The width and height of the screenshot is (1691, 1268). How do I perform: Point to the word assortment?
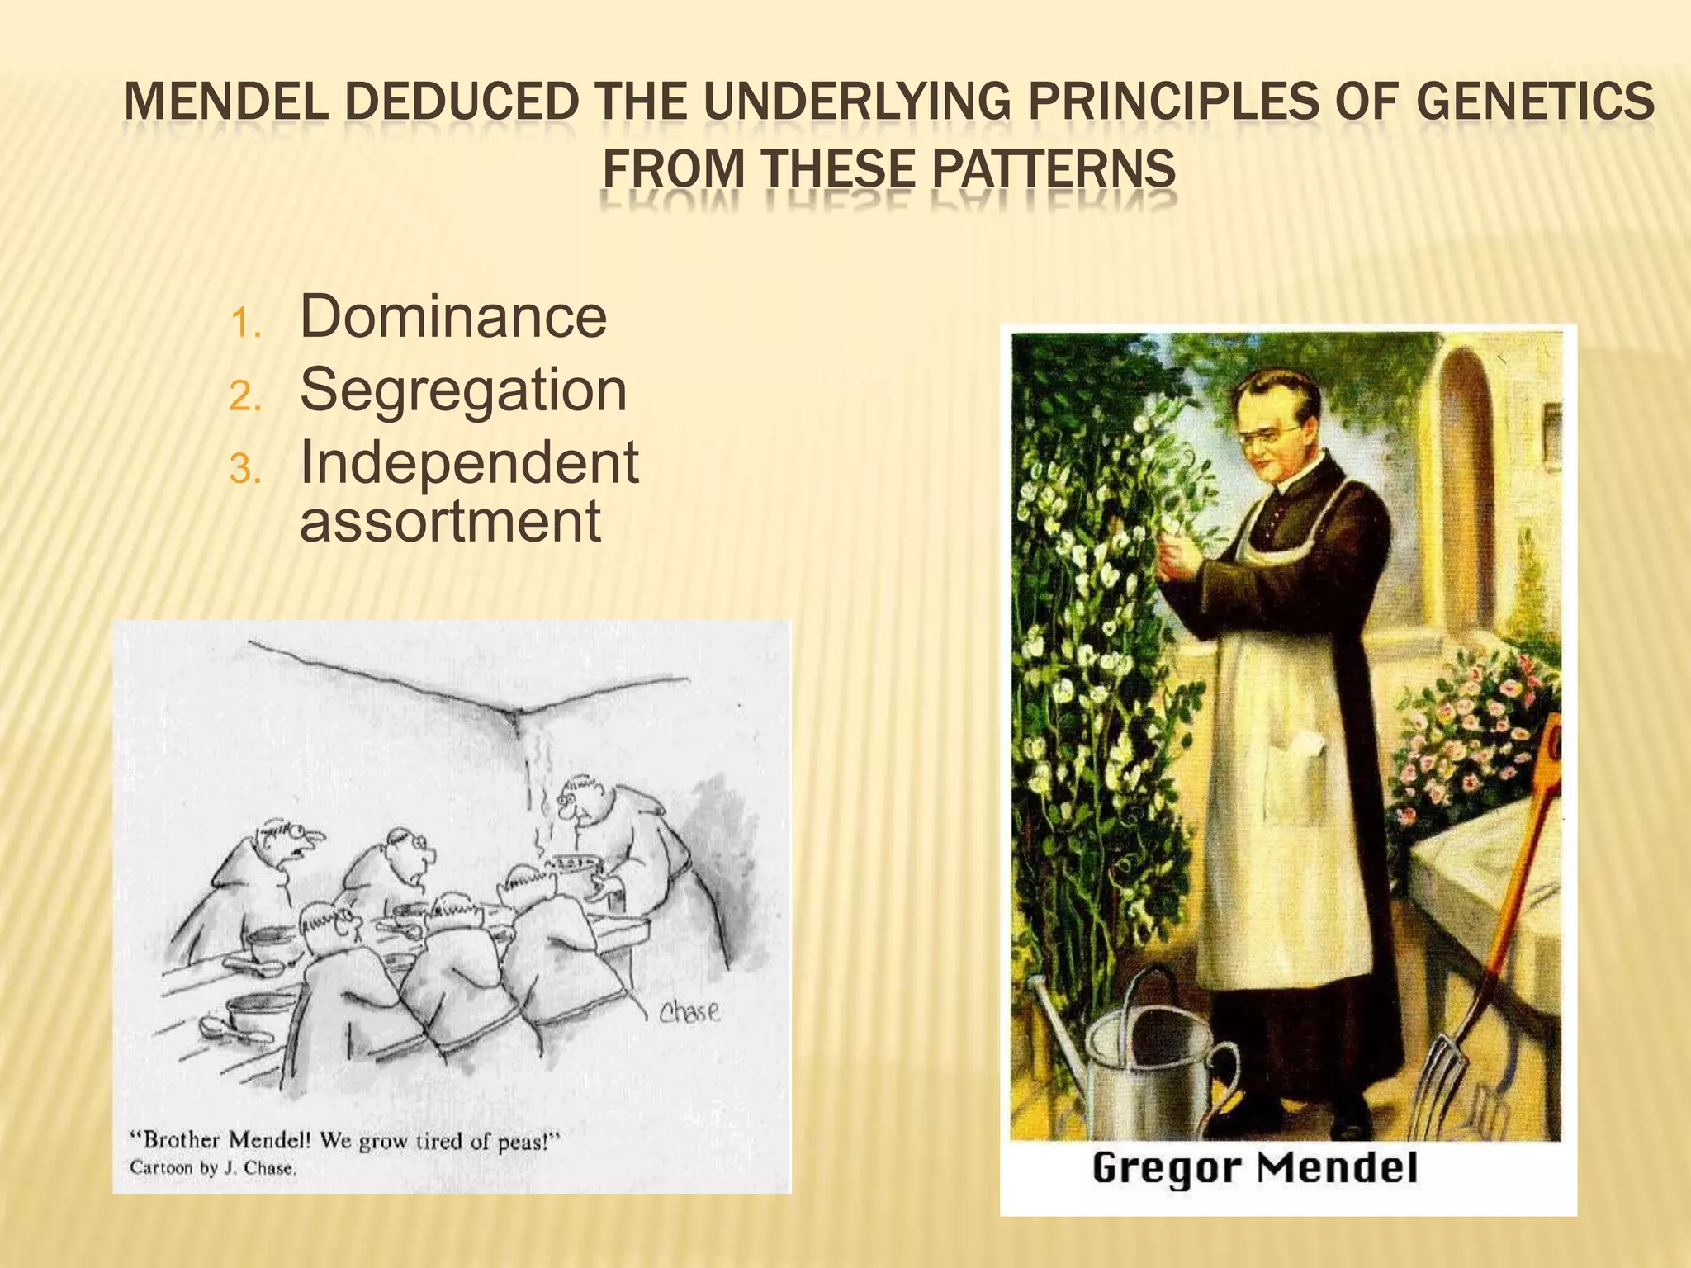point(450,521)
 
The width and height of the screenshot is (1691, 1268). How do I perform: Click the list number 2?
point(245,397)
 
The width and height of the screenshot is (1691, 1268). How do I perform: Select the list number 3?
point(245,471)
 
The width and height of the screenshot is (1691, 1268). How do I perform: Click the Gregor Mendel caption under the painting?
point(1254,1168)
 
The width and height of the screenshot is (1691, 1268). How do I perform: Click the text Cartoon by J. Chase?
point(212,1168)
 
